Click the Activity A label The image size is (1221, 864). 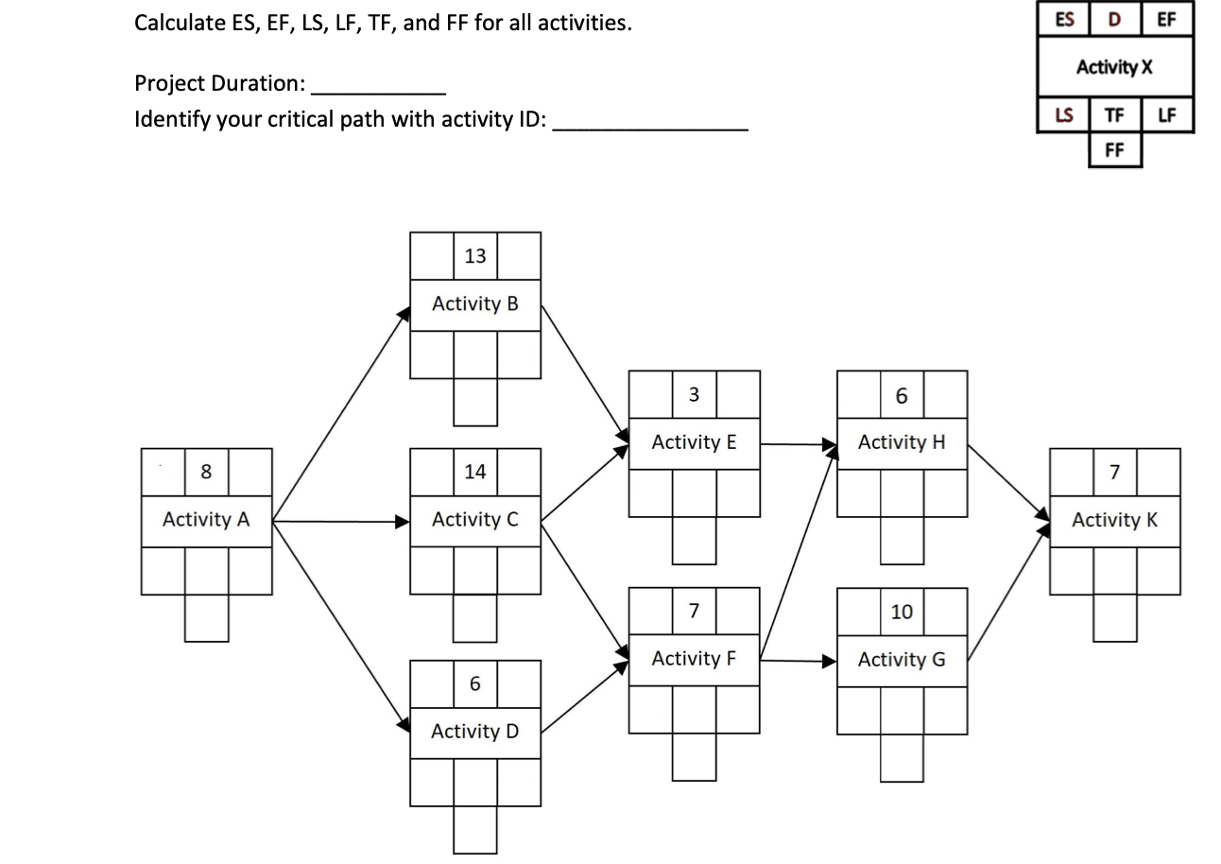pyautogui.click(x=206, y=520)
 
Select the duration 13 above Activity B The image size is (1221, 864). pyautogui.click(x=475, y=255)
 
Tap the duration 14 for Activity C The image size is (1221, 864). pyautogui.click(x=475, y=472)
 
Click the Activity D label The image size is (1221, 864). pyautogui.click(x=474, y=732)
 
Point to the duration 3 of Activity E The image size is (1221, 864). pyautogui.click(x=694, y=394)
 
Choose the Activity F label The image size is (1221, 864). pyautogui.click(x=694, y=659)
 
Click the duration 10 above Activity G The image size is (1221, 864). pyautogui.click(x=902, y=612)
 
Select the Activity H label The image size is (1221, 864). pyautogui.click(x=902, y=442)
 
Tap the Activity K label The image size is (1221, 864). pyautogui.click(x=1114, y=520)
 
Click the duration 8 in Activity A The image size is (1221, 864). pyautogui.click(x=206, y=472)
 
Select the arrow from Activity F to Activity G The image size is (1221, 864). pyautogui.click(x=799, y=660)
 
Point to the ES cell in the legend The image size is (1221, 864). pyautogui.click(x=1063, y=19)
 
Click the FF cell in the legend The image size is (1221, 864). pyautogui.click(x=1114, y=149)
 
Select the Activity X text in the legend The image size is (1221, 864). pyautogui.click(x=1114, y=67)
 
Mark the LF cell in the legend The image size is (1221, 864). pyautogui.click(x=1167, y=115)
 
